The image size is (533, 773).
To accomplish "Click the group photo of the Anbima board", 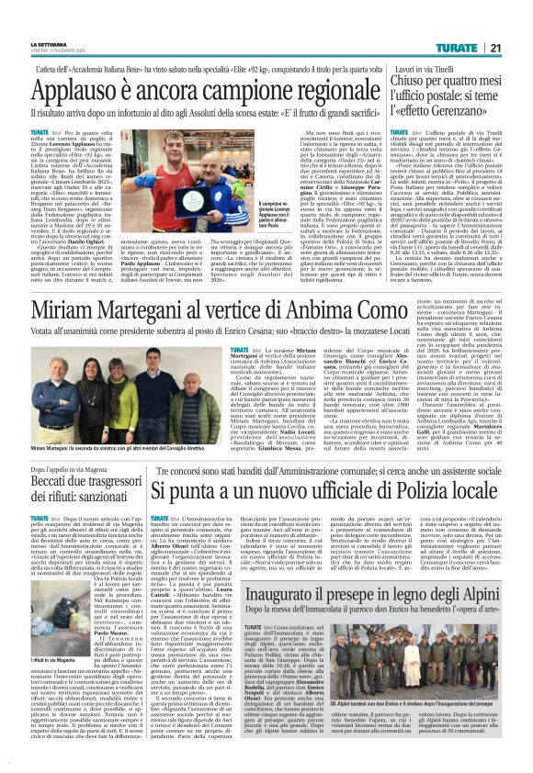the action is point(128,378).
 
